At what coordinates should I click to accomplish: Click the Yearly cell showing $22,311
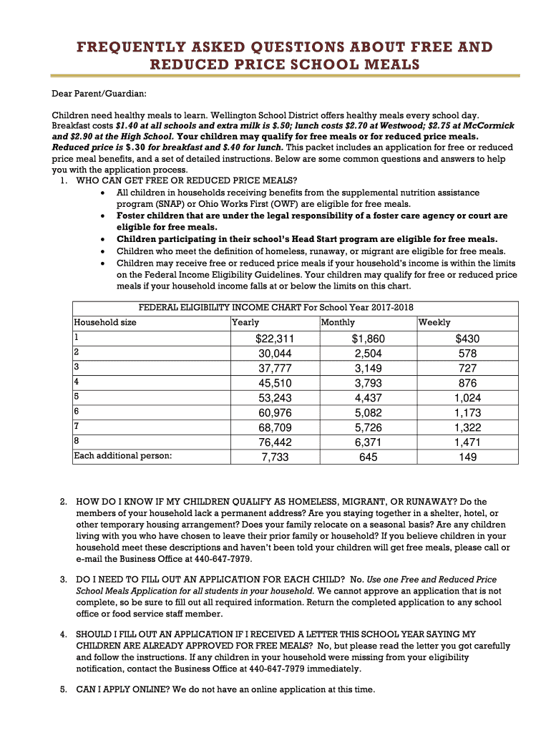click(x=275, y=339)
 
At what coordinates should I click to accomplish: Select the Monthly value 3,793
click(x=369, y=383)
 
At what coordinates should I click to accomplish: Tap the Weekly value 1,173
click(x=468, y=412)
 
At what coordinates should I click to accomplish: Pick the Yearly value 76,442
click(x=275, y=442)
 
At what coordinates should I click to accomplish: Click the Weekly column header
click(x=434, y=323)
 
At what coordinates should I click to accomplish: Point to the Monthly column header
click(x=338, y=323)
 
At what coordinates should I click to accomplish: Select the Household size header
click(x=105, y=323)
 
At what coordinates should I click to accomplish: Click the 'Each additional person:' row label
click(x=123, y=455)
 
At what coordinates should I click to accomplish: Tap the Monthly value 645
click(x=369, y=457)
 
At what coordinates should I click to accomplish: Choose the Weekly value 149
click(x=468, y=457)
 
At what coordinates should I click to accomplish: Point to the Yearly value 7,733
click(x=275, y=457)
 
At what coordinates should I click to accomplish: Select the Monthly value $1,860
click(x=369, y=339)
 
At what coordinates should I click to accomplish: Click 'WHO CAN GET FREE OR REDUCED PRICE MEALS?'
click(x=186, y=180)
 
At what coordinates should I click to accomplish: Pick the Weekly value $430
click(x=468, y=339)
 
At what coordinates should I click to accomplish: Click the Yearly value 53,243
click(x=275, y=398)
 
